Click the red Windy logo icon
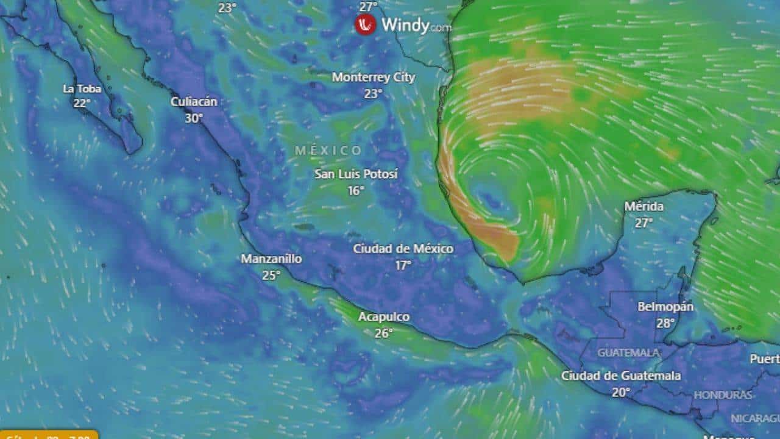(366, 25)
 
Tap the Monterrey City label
(373, 77)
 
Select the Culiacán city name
(194, 102)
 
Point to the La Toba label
(82, 89)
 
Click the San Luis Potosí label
(356, 174)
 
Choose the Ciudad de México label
(403, 249)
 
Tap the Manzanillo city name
(271, 259)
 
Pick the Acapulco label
(383, 317)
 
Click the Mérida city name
(643, 207)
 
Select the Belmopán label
(665, 307)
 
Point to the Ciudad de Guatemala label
(621, 376)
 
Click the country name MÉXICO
(328, 151)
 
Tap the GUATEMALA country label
(628, 352)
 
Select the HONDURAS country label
(723, 395)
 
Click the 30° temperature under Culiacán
(194, 118)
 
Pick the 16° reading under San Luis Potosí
(356, 191)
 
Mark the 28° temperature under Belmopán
(665, 323)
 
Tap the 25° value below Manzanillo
(271, 276)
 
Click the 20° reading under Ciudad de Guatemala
(621, 393)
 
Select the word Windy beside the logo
(405, 25)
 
